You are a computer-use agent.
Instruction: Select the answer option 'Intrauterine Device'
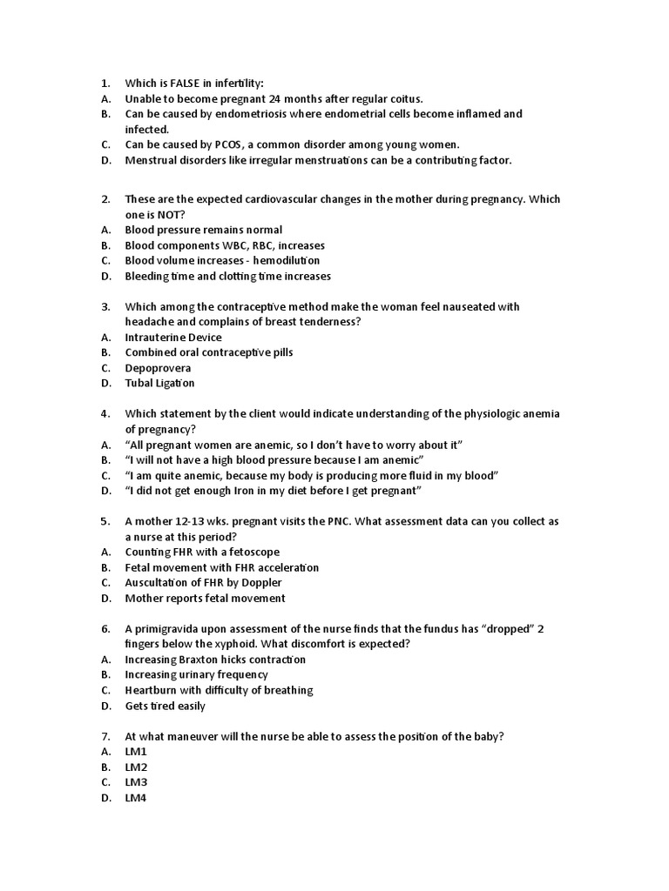tap(173, 337)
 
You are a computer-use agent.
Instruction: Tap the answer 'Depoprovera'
tap(158, 367)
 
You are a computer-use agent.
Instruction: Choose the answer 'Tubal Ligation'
tap(159, 383)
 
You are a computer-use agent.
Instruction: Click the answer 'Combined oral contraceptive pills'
tap(209, 352)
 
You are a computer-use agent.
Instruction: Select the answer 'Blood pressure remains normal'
tap(204, 230)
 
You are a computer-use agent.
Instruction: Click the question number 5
tap(105, 521)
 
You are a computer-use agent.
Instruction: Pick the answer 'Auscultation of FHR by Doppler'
tap(204, 582)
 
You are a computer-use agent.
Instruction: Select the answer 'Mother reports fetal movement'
tap(205, 598)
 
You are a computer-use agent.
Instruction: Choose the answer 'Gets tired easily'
tap(166, 706)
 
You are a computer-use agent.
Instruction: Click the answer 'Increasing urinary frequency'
tap(197, 674)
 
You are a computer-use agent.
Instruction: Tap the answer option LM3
tap(137, 782)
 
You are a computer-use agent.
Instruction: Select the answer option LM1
tap(137, 751)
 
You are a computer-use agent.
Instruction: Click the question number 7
tap(105, 736)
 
